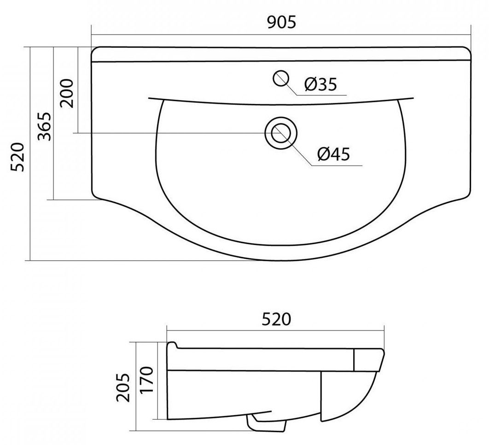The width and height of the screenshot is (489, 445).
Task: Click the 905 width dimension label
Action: [x=281, y=23]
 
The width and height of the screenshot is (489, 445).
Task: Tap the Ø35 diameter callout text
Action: [x=321, y=84]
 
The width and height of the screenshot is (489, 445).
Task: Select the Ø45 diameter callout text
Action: [x=334, y=154]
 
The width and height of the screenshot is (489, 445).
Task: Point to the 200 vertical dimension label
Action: [x=67, y=93]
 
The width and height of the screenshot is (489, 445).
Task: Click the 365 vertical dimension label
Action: [x=44, y=126]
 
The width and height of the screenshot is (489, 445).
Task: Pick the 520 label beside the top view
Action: [x=17, y=157]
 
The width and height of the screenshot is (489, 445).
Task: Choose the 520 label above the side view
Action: [x=276, y=319]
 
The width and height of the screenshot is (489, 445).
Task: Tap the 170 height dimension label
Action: [x=147, y=380]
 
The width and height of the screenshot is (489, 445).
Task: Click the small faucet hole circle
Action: [x=280, y=79]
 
